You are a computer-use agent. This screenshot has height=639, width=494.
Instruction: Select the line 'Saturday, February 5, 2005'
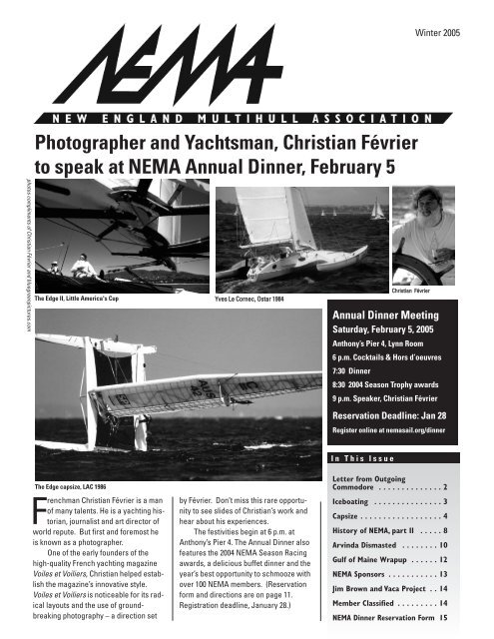pyautogui.click(x=386, y=341)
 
